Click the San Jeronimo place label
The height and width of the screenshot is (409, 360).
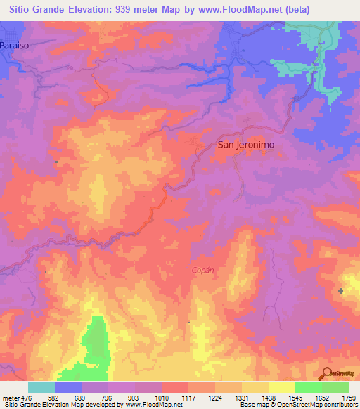click(x=245, y=144)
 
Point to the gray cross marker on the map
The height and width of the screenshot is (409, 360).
click(x=341, y=290)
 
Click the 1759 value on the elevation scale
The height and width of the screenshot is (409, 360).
click(x=348, y=398)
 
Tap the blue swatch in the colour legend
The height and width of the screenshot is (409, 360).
click(x=68, y=387)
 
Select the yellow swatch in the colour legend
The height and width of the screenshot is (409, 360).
click(x=282, y=387)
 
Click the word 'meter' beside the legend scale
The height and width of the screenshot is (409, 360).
click(x=9, y=398)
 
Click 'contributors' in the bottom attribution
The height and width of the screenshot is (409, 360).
click(x=340, y=405)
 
